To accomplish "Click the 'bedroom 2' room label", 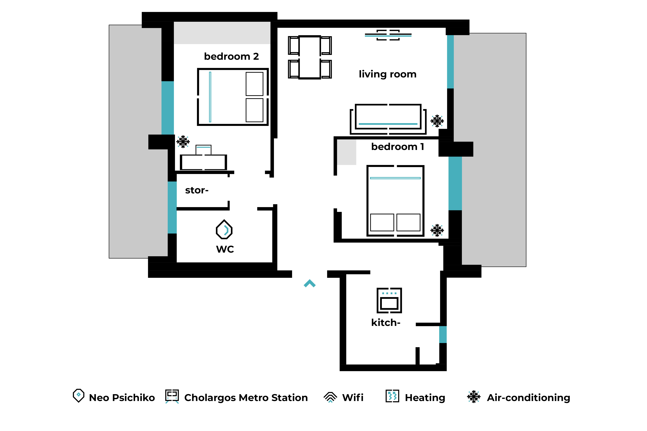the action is coord(231,56).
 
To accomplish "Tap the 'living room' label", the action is coord(388,74).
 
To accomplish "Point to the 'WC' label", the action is coord(225,249).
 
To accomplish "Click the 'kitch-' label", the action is coord(386,322).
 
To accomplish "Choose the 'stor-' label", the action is coord(197,190).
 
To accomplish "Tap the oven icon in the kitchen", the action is coord(389,300).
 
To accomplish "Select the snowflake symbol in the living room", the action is coord(437,121).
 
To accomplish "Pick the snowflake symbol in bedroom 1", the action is coord(437,230).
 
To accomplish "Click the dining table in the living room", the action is coord(310,57).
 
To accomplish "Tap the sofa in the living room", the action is coord(388,119).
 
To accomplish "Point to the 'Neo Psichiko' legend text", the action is coord(122,398).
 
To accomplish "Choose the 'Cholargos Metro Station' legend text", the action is coord(246,398).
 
